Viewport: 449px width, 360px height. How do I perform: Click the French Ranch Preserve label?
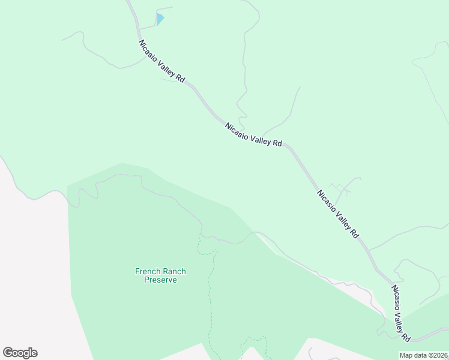160,275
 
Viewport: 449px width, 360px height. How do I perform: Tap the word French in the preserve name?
147,271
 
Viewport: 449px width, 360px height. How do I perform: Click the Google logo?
20,353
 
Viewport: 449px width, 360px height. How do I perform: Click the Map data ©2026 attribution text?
424,355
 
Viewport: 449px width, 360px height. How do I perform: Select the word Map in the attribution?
406,355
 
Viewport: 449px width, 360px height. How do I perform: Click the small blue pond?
160,19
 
